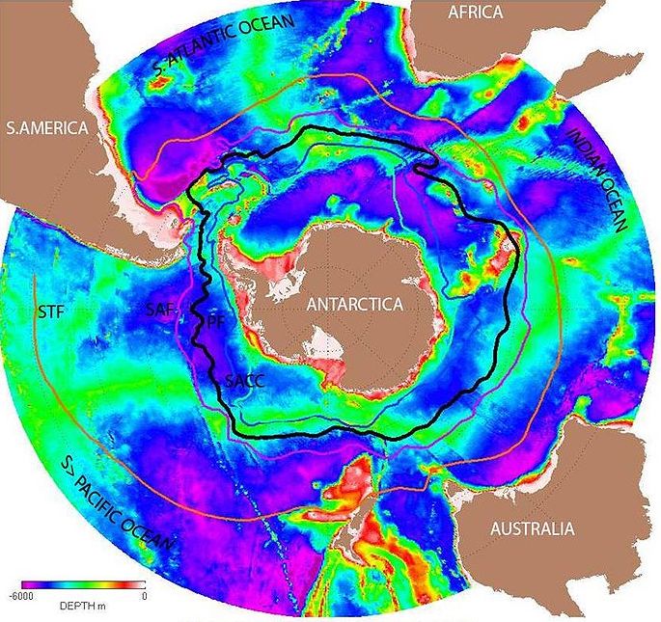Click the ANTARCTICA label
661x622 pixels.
point(353,304)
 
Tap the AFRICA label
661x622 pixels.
point(475,13)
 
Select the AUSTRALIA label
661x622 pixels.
point(532,528)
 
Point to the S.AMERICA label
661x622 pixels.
point(46,128)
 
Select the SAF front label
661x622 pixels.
point(162,309)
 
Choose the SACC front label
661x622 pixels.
point(244,380)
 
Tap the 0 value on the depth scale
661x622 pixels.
point(142,597)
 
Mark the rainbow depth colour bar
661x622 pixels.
point(85,584)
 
